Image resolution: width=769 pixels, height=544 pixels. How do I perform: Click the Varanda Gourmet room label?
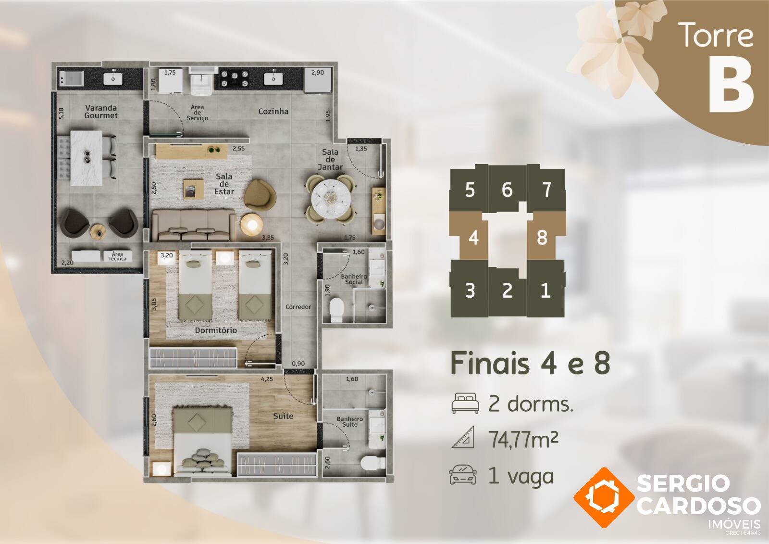pyautogui.click(x=101, y=112)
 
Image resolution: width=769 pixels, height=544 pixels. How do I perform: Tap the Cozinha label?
pyautogui.click(x=273, y=111)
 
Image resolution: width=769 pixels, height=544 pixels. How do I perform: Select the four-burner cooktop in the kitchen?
pyautogui.click(x=235, y=78)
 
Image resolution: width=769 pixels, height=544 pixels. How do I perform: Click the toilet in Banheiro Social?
pyautogui.click(x=336, y=310)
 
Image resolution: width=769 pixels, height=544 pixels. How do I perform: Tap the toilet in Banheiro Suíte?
pyautogui.click(x=373, y=462)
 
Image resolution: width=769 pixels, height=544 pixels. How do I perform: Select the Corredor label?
pyautogui.click(x=298, y=307)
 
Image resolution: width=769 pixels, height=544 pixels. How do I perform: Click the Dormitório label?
pyautogui.click(x=216, y=330)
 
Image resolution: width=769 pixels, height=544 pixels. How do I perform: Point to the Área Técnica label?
pyautogui.click(x=117, y=256)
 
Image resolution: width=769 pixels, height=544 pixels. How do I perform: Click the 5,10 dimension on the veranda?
pyautogui.click(x=61, y=114)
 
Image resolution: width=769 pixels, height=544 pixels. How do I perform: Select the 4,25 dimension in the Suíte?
pyautogui.click(x=267, y=379)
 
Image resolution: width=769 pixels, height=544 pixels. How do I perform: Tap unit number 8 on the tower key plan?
pyautogui.click(x=542, y=238)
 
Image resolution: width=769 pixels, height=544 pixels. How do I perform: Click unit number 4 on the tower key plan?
pyautogui.click(x=473, y=238)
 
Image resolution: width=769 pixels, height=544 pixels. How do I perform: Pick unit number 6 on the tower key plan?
pyautogui.click(x=507, y=190)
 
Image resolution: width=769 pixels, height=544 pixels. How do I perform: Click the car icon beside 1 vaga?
pyautogui.click(x=463, y=475)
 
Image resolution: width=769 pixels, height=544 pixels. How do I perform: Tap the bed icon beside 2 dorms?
pyautogui.click(x=465, y=403)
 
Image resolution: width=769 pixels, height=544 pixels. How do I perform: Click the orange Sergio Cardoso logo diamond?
pyautogui.click(x=604, y=497)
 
